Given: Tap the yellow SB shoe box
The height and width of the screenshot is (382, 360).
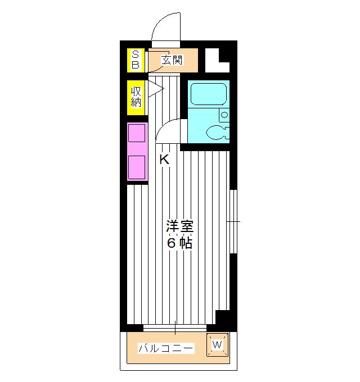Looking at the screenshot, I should click(136, 60).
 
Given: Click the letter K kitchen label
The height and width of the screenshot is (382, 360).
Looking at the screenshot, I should click(164, 160).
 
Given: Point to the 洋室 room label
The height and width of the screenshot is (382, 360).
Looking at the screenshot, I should click(180, 228).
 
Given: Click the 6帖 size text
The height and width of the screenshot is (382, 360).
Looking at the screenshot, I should click(180, 243).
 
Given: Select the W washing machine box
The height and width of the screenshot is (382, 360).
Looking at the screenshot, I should click(219, 344).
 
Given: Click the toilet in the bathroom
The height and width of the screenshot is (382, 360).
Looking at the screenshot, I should click(217, 133).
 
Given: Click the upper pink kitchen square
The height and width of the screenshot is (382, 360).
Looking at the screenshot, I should click(137, 133).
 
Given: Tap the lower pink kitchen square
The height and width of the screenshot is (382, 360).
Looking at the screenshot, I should click(137, 167).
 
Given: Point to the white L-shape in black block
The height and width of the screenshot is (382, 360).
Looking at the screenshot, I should click(215, 61).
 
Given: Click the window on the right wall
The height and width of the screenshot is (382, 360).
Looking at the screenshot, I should click(234, 221).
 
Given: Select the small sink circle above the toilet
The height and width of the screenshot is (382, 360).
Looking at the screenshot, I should click(224, 115).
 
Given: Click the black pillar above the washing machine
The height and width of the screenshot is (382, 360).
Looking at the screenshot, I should click(224, 319).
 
